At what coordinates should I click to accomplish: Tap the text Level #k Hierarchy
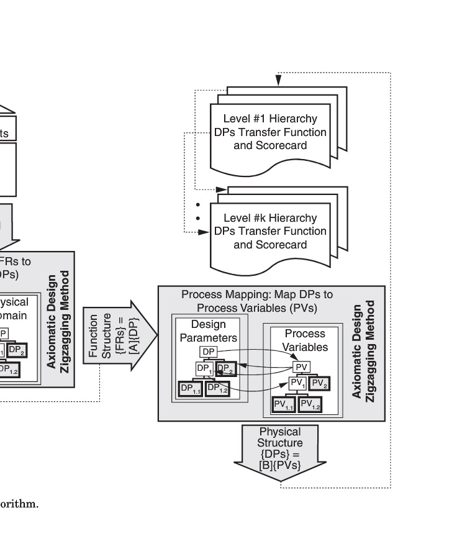click(270, 218)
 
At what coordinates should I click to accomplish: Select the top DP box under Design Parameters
click(209, 352)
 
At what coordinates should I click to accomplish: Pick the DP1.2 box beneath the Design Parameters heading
click(217, 388)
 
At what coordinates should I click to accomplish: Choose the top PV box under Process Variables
click(302, 367)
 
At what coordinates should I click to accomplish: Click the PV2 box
click(320, 384)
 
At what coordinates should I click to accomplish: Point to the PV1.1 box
click(284, 405)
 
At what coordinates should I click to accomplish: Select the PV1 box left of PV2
click(297, 384)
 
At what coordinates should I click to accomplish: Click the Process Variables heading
click(305, 340)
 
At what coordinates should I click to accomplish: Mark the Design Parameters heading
click(208, 331)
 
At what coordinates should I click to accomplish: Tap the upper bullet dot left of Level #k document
click(198, 205)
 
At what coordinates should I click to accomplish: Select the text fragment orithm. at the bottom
click(19, 504)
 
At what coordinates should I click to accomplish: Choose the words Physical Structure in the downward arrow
click(279, 437)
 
